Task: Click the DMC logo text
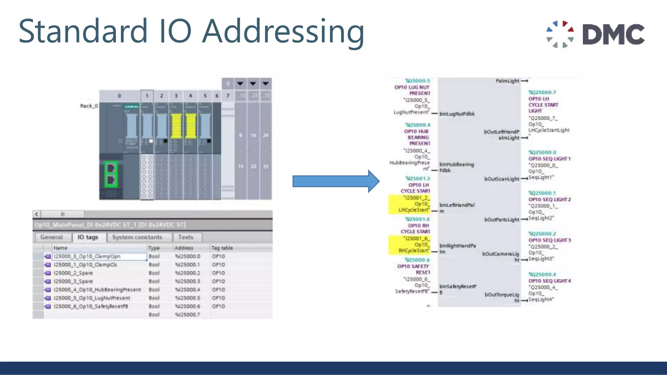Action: click(x=613, y=34)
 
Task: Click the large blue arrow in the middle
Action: click(x=335, y=181)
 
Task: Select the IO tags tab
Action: click(x=88, y=237)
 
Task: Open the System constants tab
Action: click(x=137, y=237)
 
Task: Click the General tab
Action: click(x=51, y=237)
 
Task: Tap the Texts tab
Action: click(x=186, y=237)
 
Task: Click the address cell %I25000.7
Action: click(x=188, y=314)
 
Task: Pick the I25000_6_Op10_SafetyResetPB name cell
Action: click(x=91, y=306)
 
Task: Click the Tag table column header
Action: click(x=222, y=248)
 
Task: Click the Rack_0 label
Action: click(x=89, y=106)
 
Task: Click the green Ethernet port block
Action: click(x=111, y=174)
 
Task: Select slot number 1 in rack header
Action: click(x=147, y=96)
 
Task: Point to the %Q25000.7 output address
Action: click(x=542, y=92)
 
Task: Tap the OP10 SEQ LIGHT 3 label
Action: click(x=549, y=240)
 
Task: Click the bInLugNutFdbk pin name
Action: click(x=457, y=114)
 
